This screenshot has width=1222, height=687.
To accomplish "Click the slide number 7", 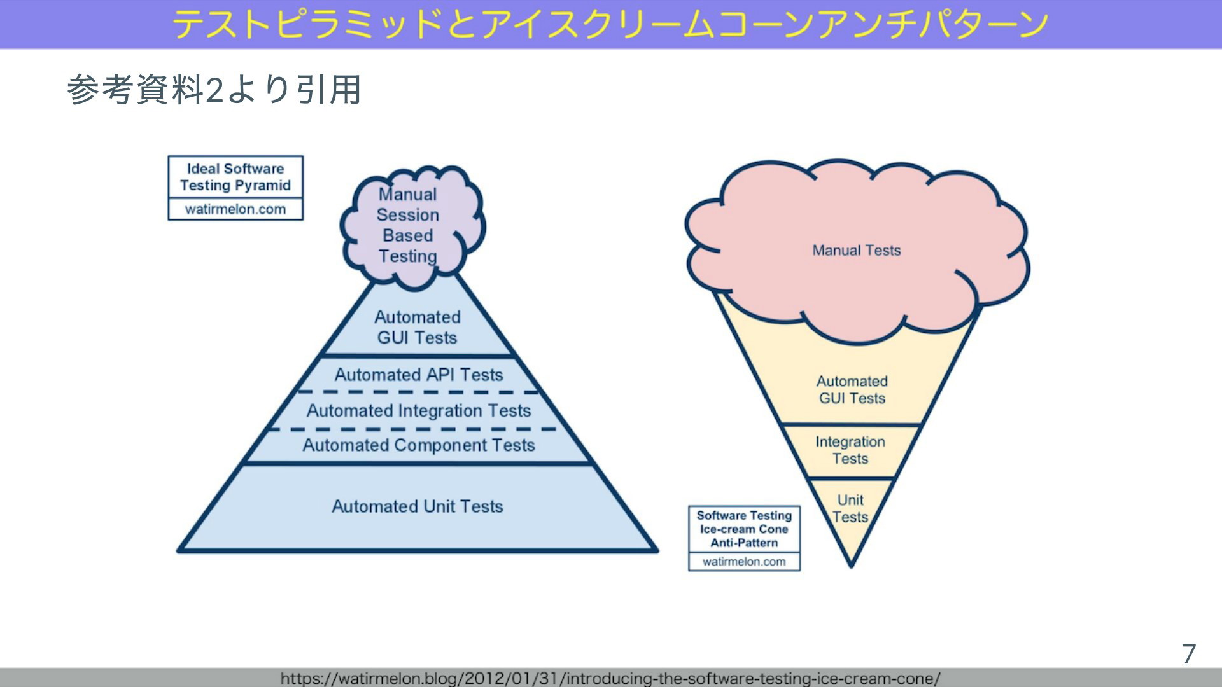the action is pos(1189,654).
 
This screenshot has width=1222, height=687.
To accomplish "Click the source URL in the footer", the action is pos(610,678).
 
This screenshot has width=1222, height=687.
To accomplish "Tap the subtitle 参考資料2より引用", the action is pos(214,89).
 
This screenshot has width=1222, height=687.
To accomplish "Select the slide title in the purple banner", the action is pos(610,24).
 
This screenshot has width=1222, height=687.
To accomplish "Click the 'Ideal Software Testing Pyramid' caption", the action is pos(235,177).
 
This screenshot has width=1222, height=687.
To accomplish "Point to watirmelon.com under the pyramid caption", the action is pos(235,209).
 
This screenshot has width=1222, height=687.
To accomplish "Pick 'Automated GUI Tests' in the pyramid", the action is pos(418,327).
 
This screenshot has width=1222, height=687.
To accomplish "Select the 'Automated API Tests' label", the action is pos(419,375).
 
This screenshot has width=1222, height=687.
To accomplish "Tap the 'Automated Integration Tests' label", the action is pos(419,411).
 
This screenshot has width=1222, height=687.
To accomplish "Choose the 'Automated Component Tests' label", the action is pos(419,445).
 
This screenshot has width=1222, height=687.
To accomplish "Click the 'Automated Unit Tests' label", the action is pos(418,506).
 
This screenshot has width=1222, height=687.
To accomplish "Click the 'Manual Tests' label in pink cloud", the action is pos(857,250).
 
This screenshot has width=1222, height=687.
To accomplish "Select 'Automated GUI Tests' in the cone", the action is pos(852,389).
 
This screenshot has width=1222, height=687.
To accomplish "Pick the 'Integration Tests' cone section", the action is pos(850,450).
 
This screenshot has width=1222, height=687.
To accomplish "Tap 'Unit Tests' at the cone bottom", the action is pos(850,508).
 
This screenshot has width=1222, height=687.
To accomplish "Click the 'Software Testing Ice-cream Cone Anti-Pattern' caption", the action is pos(744,529).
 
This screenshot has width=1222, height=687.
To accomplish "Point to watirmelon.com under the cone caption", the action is pos(744,562).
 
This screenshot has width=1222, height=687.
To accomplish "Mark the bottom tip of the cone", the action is pos(851,566).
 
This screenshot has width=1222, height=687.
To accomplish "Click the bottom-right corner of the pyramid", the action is pos(657,550).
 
